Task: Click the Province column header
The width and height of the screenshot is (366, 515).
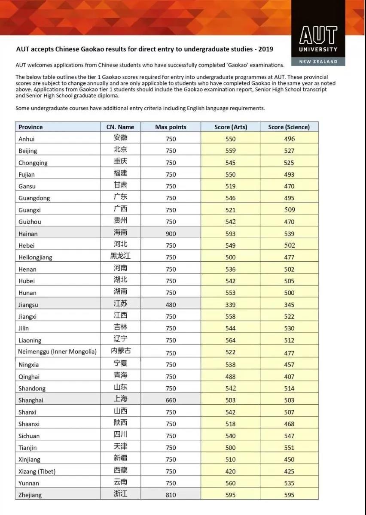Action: pyautogui.click(x=31, y=127)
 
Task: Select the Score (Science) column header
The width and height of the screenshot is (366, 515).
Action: pyautogui.click(x=289, y=127)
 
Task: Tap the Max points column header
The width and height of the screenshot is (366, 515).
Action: pyautogui.click(x=171, y=127)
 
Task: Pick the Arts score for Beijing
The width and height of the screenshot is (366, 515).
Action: pyautogui.click(x=230, y=151)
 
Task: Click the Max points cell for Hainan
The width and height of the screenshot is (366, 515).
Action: pyautogui.click(x=171, y=233)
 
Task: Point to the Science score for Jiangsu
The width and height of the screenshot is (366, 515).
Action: pyautogui.click(x=289, y=305)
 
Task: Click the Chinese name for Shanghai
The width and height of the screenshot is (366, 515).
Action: pyautogui.click(x=120, y=400)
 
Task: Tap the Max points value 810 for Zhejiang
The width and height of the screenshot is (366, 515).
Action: pyautogui.click(x=171, y=495)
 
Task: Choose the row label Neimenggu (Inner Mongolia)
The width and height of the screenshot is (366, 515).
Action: pyautogui.click(x=57, y=352)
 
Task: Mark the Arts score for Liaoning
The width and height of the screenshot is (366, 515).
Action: pyautogui.click(x=230, y=340)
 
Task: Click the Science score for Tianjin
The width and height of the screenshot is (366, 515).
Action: pyautogui.click(x=289, y=448)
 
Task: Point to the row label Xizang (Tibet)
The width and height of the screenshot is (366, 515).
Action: pyautogui.click(x=37, y=471)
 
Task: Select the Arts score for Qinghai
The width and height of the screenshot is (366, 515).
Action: pyautogui.click(x=230, y=376)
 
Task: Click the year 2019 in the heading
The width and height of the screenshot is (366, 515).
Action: pyautogui.click(x=265, y=49)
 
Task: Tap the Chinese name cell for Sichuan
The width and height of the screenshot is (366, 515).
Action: pyautogui.click(x=120, y=435)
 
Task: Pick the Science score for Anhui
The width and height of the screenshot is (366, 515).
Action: pyautogui.click(x=289, y=139)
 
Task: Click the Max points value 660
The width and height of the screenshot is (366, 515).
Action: pyautogui.click(x=171, y=400)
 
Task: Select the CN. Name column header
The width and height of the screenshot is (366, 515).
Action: pyautogui.click(x=120, y=127)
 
